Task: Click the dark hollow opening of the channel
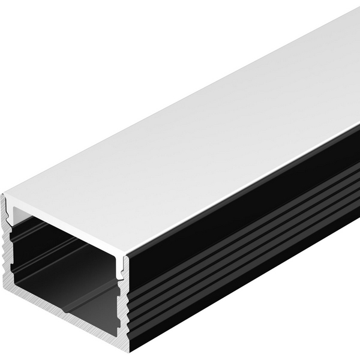66,264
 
